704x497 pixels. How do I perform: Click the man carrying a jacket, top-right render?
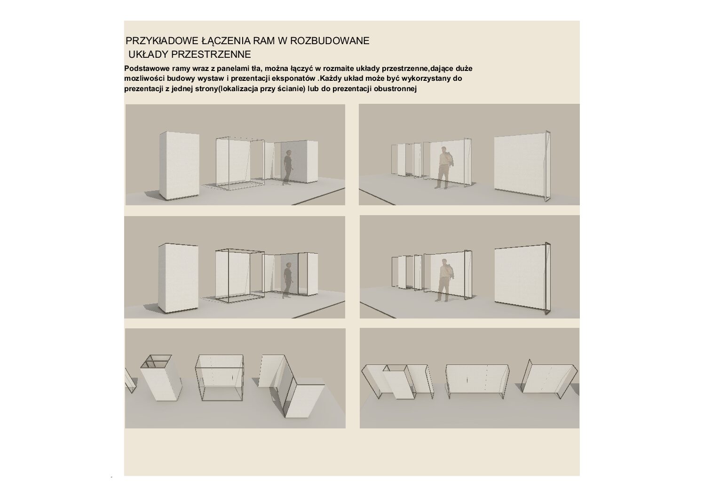(443, 168)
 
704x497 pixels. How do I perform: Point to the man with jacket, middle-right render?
(443, 280)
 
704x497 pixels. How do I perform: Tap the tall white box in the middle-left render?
(178, 279)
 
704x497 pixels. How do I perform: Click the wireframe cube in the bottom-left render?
(219, 378)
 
